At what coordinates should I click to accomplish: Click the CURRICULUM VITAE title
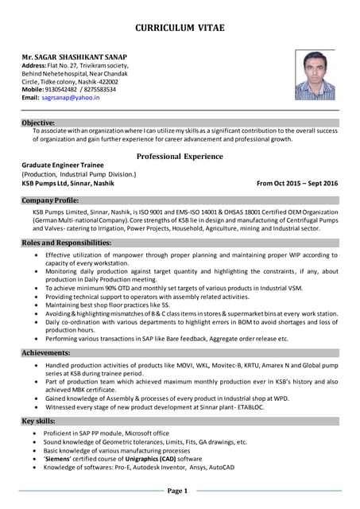180,28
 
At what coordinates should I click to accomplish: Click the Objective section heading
38,123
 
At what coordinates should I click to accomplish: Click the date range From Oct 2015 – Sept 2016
297,183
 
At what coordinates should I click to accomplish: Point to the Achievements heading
47,352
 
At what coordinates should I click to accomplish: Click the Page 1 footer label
177,491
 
